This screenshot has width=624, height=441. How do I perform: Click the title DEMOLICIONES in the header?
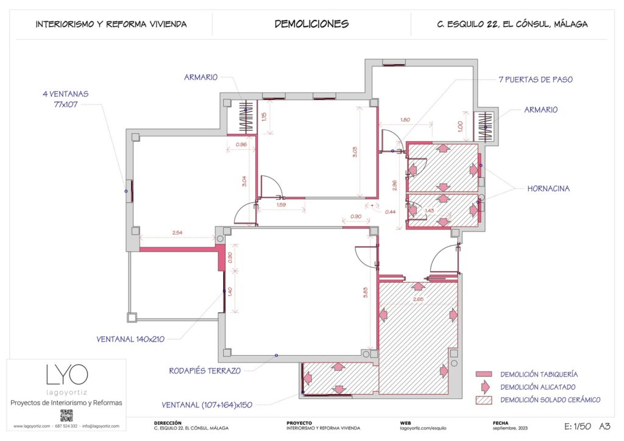(x=311, y=24)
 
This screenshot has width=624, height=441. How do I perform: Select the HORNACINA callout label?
(x=548, y=189)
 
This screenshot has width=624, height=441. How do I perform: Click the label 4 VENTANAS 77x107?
(x=66, y=99)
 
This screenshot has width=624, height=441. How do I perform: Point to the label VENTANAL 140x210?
(x=130, y=339)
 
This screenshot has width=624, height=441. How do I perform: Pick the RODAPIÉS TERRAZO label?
(x=205, y=370)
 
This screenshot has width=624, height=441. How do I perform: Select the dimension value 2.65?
(x=418, y=299)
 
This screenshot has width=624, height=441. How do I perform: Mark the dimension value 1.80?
(x=405, y=119)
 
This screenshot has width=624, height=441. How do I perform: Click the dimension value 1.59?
(x=282, y=205)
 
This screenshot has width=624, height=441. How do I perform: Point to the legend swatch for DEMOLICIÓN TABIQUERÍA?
(x=483, y=374)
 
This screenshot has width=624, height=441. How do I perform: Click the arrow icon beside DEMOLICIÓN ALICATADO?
(x=484, y=387)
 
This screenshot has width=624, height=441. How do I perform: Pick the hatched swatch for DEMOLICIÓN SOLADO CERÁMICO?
(x=483, y=400)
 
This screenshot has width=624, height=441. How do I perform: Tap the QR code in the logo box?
(x=66, y=415)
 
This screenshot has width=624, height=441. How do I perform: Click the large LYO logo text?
(x=66, y=374)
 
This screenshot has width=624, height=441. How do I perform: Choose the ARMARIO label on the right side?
(x=541, y=110)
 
